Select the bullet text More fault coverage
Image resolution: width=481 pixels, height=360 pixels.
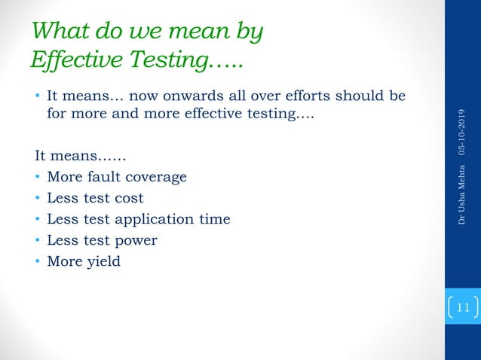click(x=116, y=178)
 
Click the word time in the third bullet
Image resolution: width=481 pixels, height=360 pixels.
click(x=214, y=220)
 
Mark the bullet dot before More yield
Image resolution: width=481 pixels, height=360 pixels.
click(x=38, y=262)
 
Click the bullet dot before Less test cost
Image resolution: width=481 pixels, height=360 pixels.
click(x=38, y=199)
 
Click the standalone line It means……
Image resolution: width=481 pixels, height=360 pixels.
click(x=81, y=157)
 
